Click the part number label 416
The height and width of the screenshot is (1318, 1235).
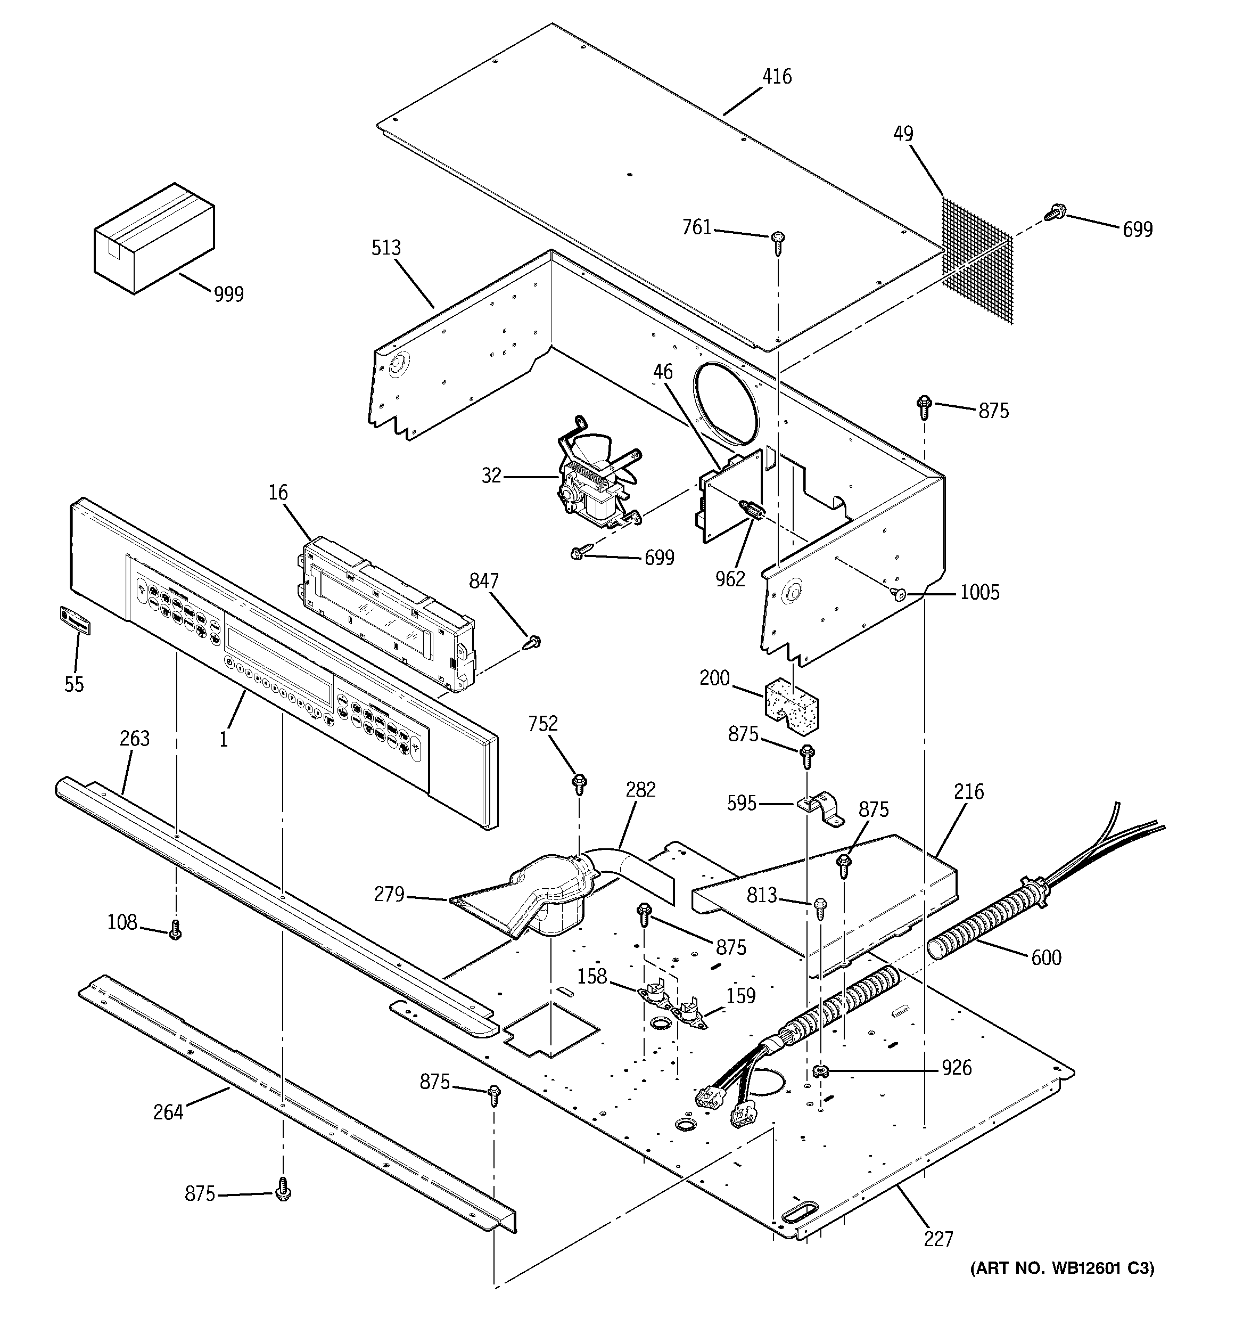tap(776, 77)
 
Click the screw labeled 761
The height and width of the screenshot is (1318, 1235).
tap(778, 241)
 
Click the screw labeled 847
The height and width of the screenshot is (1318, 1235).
tap(533, 642)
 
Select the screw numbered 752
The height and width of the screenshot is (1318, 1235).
tap(579, 784)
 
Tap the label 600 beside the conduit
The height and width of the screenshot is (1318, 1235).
tap(1045, 958)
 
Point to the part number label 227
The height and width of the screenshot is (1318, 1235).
tap(938, 1239)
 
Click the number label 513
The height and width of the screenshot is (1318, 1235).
tap(386, 248)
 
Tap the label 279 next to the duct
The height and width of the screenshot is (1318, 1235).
tap(389, 894)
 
